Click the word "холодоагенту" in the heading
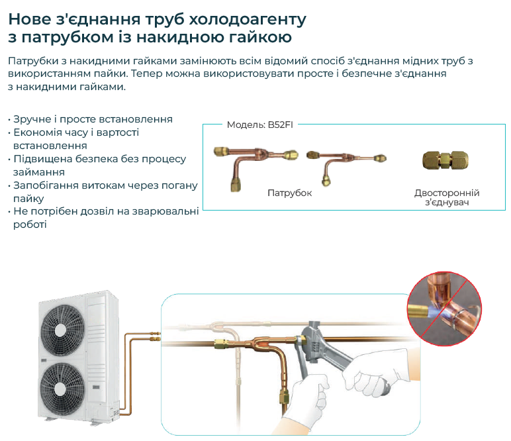click(x=248, y=20)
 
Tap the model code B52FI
click(x=280, y=125)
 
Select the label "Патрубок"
click(x=289, y=193)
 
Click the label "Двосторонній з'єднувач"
click(x=447, y=197)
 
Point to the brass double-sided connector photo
click(x=445, y=160)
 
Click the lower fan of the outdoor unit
click(x=62, y=387)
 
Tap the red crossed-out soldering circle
click(x=445, y=309)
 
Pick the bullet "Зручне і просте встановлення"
click(x=93, y=119)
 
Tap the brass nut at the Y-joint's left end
click(x=220, y=343)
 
